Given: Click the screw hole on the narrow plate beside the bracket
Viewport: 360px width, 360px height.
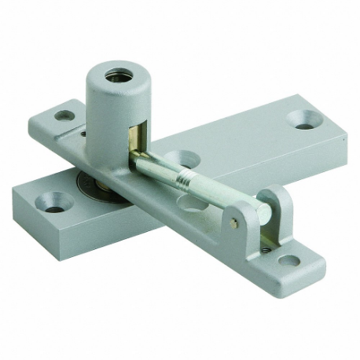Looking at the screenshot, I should [288, 260].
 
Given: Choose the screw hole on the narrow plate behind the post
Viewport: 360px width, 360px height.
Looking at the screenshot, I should [64, 116].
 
